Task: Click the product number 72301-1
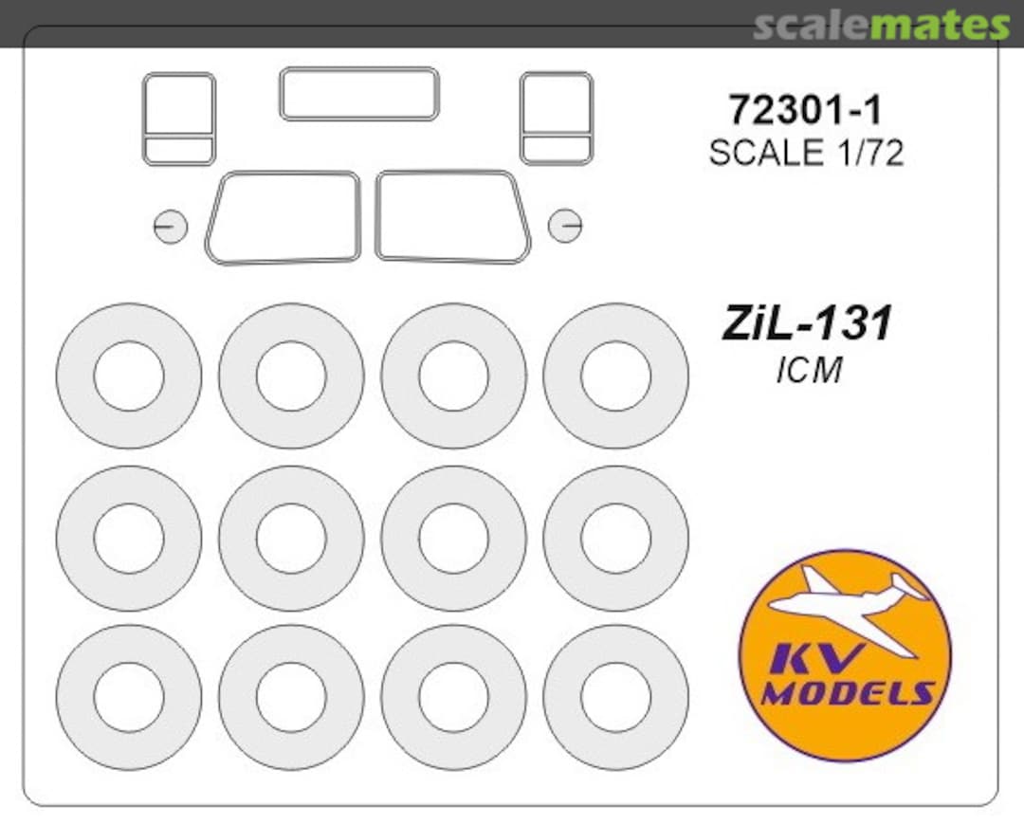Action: tap(805, 111)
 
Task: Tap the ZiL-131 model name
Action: tap(807, 324)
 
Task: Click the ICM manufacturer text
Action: tap(809, 371)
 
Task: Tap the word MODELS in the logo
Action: tap(847, 693)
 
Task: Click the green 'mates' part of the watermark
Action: tap(940, 26)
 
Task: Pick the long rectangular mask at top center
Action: tap(358, 93)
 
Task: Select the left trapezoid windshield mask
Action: tap(283, 217)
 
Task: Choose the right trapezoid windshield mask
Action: tap(451, 216)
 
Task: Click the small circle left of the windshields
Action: tap(171, 227)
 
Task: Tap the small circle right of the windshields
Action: tap(565, 226)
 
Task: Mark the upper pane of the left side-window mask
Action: tap(179, 103)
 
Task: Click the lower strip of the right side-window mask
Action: tap(557, 150)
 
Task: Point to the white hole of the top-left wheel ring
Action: tap(129, 376)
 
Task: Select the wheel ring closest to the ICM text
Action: tap(616, 376)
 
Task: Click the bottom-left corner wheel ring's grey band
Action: tap(72, 697)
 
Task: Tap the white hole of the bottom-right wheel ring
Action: tap(616, 697)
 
